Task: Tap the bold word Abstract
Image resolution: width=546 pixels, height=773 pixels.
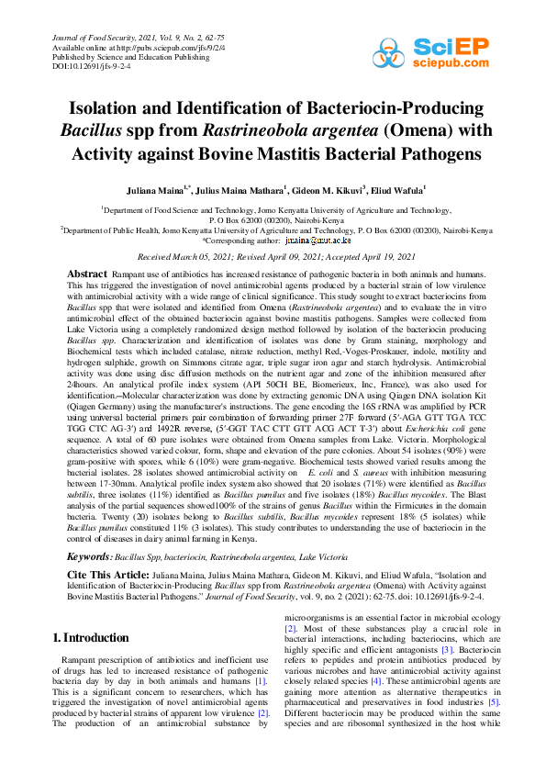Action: [87, 274]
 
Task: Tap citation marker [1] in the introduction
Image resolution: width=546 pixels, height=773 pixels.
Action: [261, 679]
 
